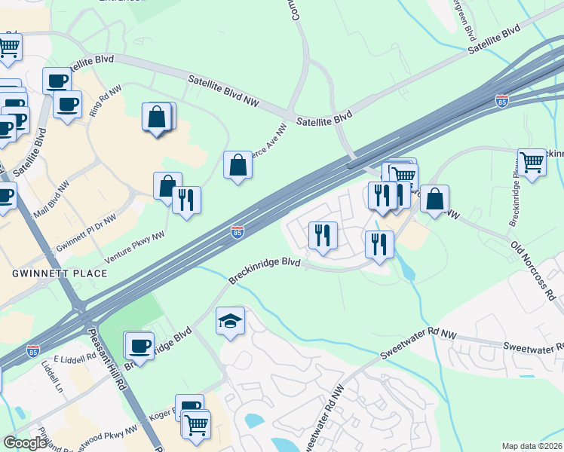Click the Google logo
(26, 443)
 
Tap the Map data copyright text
(532, 446)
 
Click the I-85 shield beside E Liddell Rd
(32, 351)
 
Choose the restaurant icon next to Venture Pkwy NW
(186, 200)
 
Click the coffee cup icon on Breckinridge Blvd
(139, 346)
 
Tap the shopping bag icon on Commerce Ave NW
(238, 165)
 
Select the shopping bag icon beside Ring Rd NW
(158, 118)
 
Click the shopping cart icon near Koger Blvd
(197, 424)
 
